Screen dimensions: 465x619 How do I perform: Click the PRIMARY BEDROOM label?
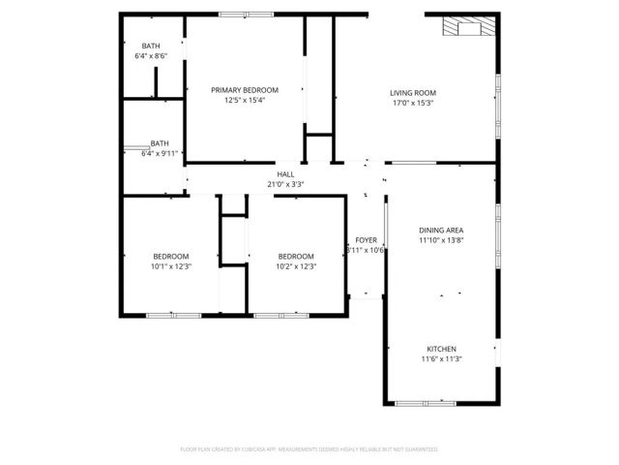(245, 89)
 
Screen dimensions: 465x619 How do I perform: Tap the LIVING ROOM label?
(413, 93)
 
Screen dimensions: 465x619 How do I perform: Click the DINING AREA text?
(441, 230)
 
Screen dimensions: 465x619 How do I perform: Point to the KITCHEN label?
(441, 349)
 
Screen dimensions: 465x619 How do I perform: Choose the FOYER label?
(366, 239)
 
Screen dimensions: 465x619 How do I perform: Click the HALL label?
(285, 174)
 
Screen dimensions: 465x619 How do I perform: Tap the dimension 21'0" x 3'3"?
(285, 184)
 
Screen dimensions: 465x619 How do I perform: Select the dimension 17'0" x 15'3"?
(413, 104)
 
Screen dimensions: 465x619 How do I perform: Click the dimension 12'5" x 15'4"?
(245, 100)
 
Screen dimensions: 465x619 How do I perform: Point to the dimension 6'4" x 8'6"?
(151, 56)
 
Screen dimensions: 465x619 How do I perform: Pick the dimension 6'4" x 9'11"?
(161, 153)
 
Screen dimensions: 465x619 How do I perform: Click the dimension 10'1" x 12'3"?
(170, 266)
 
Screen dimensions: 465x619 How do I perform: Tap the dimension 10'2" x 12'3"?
(297, 266)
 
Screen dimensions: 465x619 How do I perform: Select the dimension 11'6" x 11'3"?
(441, 359)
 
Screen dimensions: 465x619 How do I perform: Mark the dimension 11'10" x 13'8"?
(441, 240)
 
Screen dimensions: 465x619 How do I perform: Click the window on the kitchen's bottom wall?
(427, 402)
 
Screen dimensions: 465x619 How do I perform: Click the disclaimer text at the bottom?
(309, 449)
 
